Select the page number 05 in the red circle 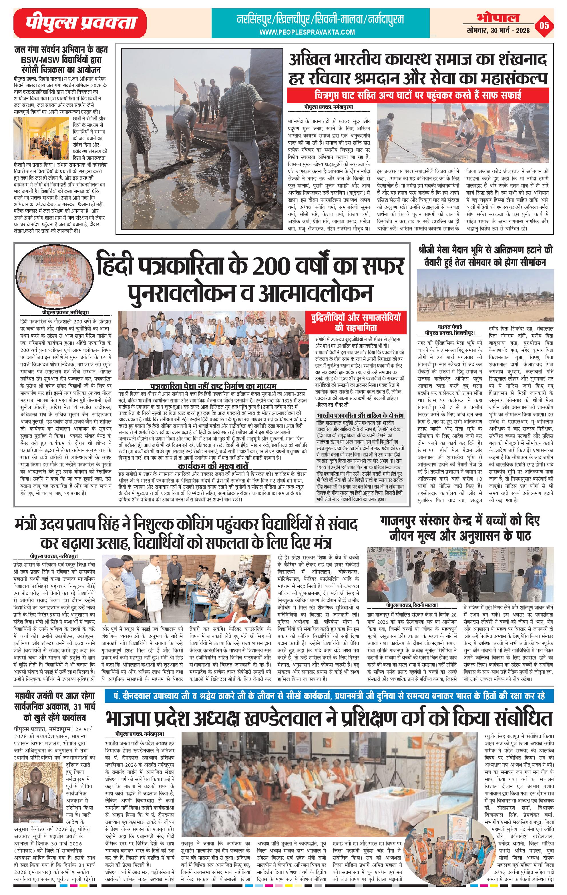tap(544, 26)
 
